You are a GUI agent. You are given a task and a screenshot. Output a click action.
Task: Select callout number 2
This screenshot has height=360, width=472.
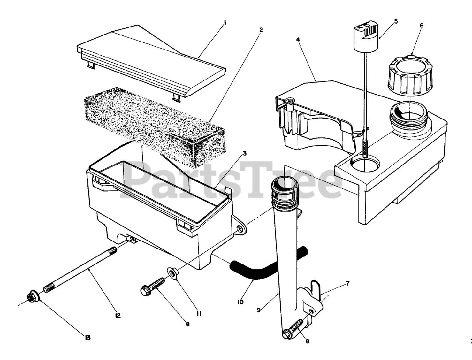click(261, 30)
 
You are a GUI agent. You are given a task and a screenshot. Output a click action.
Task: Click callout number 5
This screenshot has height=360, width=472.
click(396, 21)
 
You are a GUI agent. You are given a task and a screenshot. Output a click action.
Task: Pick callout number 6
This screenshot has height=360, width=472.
click(421, 25)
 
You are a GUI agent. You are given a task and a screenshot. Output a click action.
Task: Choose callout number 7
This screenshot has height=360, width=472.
click(348, 283)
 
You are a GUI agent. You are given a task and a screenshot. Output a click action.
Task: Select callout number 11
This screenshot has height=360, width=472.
click(198, 314)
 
